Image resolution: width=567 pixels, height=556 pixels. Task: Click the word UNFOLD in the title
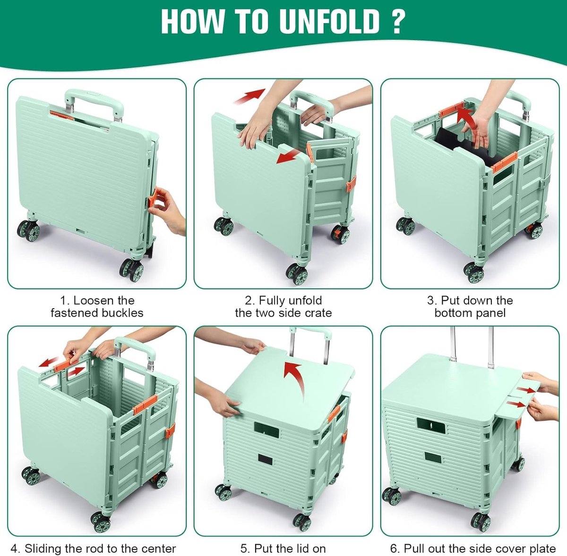pos(329,22)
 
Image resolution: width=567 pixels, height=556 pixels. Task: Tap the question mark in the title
pos(397,22)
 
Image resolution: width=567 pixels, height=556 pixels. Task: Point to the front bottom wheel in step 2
pos(297,274)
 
